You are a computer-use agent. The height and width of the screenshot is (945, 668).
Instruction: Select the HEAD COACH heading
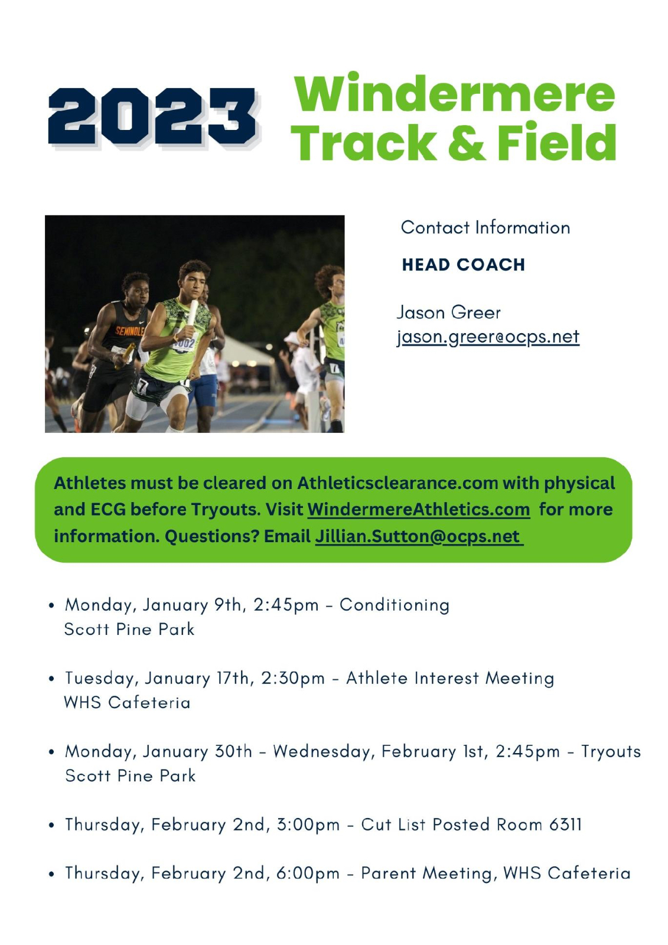[463, 265]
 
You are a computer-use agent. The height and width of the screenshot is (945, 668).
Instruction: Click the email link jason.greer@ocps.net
[488, 337]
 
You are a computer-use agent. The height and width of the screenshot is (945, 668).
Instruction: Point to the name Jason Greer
[448, 312]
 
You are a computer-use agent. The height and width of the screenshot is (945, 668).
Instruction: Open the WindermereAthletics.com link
[419, 509]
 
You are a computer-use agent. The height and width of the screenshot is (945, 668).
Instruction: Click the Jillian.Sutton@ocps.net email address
[419, 536]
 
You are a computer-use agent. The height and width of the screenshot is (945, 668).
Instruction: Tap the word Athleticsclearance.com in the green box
[397, 483]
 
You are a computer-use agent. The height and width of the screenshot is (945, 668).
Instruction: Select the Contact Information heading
[485, 228]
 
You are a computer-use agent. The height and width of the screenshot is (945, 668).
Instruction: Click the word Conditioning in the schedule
[395, 605]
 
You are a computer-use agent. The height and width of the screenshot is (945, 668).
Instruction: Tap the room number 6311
[565, 824]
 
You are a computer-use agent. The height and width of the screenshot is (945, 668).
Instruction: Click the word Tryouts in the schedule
[611, 751]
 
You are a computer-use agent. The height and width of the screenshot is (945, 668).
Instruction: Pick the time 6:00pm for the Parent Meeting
[308, 873]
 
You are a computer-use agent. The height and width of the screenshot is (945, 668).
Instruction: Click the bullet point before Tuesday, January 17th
[51, 679]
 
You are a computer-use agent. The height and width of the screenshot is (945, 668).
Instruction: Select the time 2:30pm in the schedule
[294, 679]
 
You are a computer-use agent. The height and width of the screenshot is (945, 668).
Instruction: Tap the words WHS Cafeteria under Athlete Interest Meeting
[127, 703]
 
